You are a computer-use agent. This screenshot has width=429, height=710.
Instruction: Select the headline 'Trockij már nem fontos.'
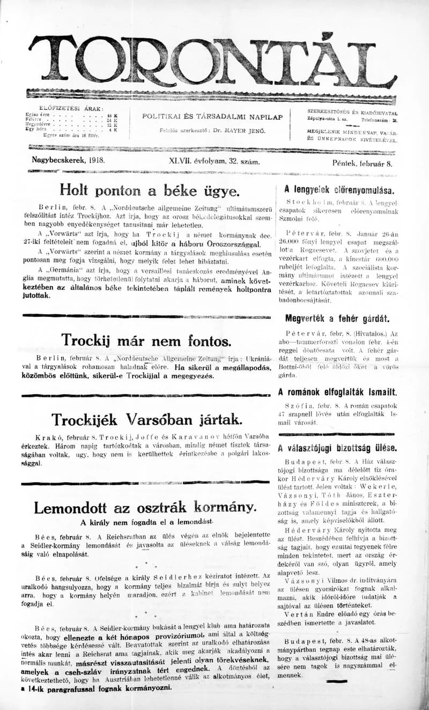146,341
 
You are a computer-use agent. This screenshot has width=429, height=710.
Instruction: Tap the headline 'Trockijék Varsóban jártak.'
146,419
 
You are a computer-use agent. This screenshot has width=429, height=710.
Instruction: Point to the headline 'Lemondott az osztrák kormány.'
145,507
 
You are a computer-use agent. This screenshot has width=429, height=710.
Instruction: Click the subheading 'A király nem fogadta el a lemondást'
147,522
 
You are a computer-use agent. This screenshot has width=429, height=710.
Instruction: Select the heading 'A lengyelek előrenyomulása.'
339,190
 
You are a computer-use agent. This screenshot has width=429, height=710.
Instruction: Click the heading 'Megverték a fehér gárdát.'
337,319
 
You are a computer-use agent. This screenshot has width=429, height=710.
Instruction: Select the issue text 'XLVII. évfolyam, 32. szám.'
214,161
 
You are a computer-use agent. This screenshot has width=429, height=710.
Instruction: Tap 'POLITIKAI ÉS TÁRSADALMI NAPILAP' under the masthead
212,117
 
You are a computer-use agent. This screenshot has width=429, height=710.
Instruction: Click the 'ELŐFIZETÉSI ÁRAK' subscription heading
68,108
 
